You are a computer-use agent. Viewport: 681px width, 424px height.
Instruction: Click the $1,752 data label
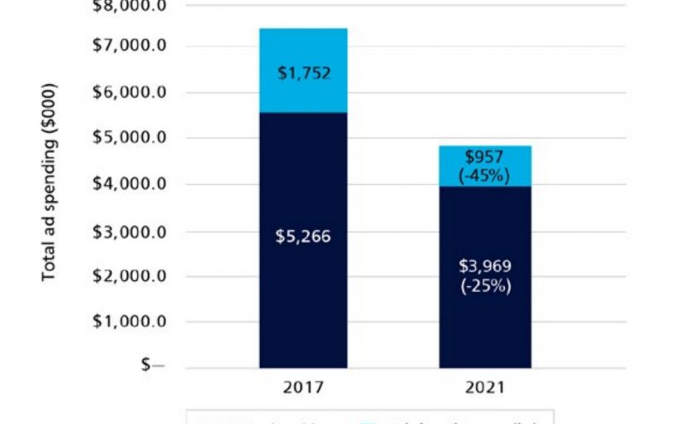[x=304, y=73]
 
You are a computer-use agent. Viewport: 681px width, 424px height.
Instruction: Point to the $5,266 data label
[x=304, y=237]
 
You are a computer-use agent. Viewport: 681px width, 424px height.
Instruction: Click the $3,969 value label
[x=485, y=267]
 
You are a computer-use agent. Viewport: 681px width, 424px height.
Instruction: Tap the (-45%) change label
[x=485, y=175]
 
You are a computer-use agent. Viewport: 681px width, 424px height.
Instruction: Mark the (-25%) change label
[x=485, y=286]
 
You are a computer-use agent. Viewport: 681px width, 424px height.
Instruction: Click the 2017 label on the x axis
[x=303, y=387]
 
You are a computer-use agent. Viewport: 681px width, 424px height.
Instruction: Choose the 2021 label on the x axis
[x=485, y=387]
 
